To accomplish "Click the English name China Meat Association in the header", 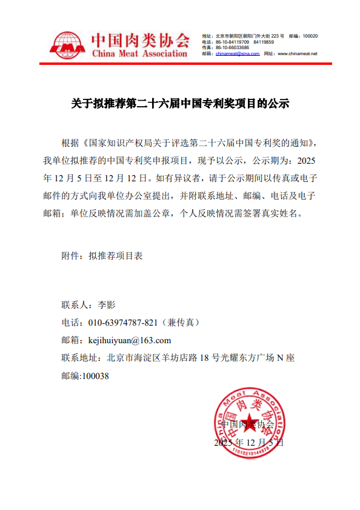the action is pos(139,54).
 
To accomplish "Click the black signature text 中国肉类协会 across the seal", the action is pos(248,424).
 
